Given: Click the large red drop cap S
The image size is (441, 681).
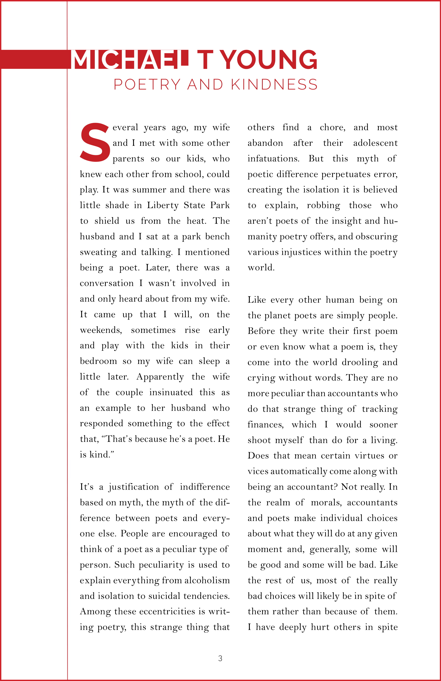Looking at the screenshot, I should pos(95,142).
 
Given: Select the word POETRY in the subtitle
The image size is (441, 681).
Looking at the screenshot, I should pos(147,85).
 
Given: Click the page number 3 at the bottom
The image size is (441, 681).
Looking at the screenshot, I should pos(220,658).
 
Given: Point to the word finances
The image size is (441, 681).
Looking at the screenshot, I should pos(265,425).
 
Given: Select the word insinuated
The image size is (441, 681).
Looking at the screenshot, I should pos(171,392).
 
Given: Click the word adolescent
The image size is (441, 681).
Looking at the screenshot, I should pos(375,143).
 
